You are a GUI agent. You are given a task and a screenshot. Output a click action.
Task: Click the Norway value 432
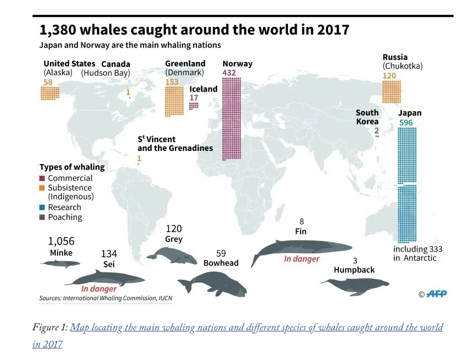(230, 73)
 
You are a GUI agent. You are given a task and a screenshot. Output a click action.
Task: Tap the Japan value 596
(406, 123)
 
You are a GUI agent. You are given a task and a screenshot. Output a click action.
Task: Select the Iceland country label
(203, 89)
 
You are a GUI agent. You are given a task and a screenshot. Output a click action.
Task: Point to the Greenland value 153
(172, 82)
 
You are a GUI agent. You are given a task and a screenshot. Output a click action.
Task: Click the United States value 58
(48, 82)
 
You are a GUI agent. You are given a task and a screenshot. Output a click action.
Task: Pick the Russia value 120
(389, 76)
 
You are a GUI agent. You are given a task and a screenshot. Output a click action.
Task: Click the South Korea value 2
(376, 131)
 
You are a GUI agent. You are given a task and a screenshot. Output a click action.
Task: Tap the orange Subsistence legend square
(42, 188)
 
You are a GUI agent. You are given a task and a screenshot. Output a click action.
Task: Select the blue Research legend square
(42, 207)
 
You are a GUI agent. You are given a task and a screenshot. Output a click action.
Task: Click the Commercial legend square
(42, 178)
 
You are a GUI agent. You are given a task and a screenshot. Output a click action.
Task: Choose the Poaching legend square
(42, 217)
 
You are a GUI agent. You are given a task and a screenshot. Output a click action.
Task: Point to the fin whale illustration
(302, 250)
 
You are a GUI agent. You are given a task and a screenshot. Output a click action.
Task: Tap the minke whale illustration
(60, 263)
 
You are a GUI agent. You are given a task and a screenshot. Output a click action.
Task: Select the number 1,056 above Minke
(61, 241)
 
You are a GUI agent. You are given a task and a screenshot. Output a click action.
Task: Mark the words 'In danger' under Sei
(99, 289)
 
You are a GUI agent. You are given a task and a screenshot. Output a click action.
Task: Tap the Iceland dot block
(194, 105)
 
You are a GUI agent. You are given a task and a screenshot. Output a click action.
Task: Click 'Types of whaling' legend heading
(72, 167)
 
